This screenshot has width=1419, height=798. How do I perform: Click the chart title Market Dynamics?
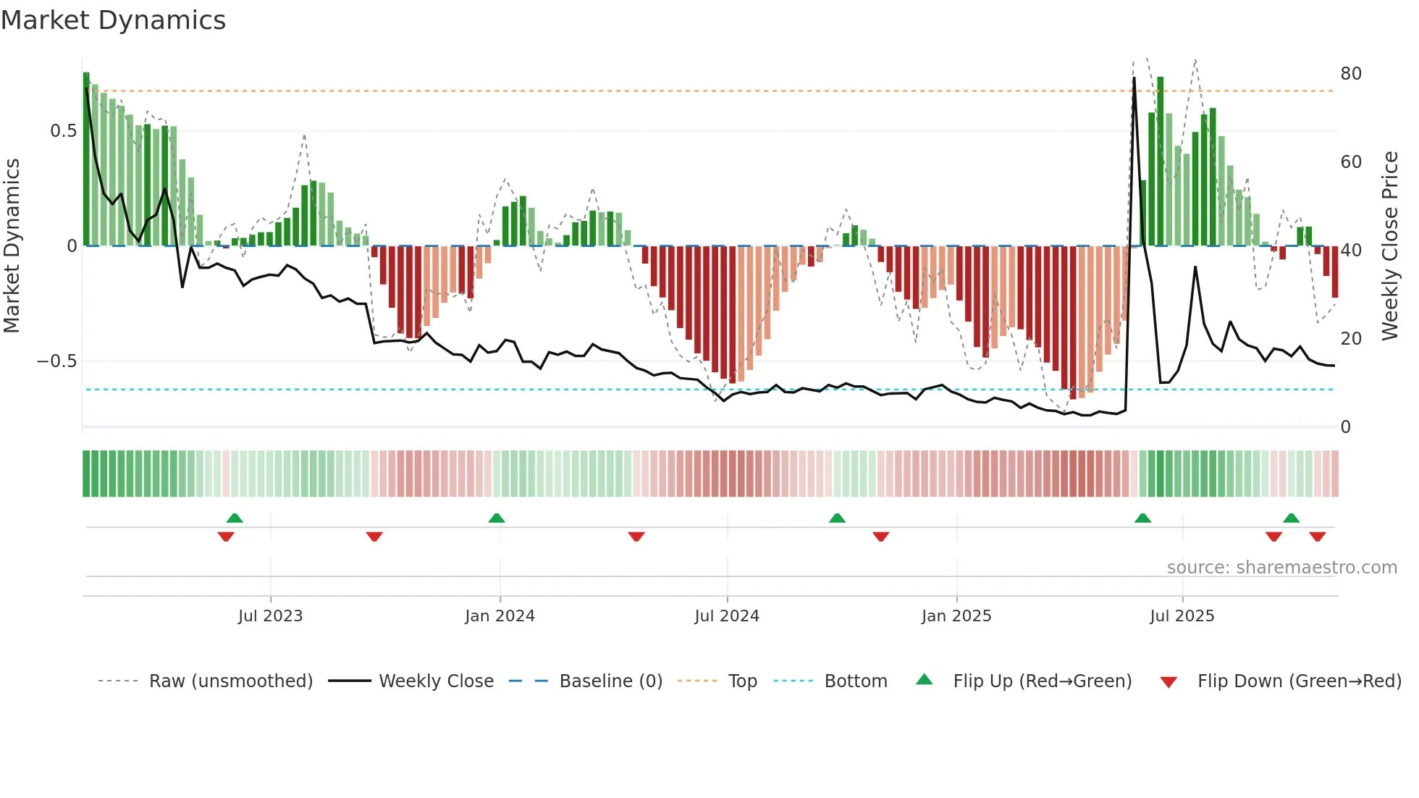pyautogui.click(x=113, y=20)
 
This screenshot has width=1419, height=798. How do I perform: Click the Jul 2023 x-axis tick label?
pyautogui.click(x=270, y=616)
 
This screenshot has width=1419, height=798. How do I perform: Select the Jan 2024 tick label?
pyautogui.click(x=500, y=616)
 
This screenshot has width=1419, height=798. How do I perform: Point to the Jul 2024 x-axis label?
pyautogui.click(x=727, y=616)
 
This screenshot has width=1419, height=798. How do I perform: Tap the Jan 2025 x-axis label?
pyautogui.click(x=956, y=616)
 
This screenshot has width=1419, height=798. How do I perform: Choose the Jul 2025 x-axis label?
pyautogui.click(x=1182, y=616)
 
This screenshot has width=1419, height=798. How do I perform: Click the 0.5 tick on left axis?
pyautogui.click(x=63, y=131)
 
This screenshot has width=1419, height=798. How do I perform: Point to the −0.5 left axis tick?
pyautogui.click(x=57, y=361)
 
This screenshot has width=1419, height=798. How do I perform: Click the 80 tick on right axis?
pyautogui.click(x=1351, y=74)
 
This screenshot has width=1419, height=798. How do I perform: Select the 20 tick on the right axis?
pyautogui.click(x=1351, y=339)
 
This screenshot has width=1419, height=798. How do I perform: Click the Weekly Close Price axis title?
pyautogui.click(x=1390, y=246)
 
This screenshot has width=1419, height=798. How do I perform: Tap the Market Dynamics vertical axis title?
pyautogui.click(x=12, y=246)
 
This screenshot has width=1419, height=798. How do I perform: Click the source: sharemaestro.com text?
pyautogui.click(x=1281, y=568)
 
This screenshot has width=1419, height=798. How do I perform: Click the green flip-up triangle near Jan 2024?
pyautogui.click(x=497, y=518)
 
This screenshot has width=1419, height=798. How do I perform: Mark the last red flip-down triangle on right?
pyautogui.click(x=1318, y=537)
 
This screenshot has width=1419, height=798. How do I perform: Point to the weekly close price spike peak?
pyautogui.click(x=1134, y=78)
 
